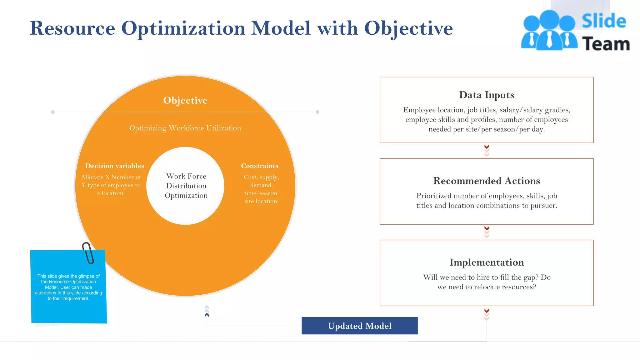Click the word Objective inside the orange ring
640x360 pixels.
pos(185,100)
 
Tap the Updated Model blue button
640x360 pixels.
pos(359,326)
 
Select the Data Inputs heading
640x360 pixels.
pos(487,95)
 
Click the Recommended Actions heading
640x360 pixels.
pos(487,181)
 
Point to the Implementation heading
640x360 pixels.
pos(487,262)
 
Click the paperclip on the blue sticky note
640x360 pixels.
pos(88,253)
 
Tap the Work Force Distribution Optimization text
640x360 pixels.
pos(186,186)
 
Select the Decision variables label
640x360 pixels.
pos(115,166)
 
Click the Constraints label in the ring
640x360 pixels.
pos(259,166)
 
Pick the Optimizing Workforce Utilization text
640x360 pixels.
pos(185,128)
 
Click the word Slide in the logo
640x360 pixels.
pos(604,21)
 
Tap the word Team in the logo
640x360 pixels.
pos(606,44)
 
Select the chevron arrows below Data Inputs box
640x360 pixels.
pos(487,151)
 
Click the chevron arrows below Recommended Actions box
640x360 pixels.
pos(487,232)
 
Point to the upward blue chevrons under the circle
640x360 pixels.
pos(207,311)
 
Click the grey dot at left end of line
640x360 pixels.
pos(53,112)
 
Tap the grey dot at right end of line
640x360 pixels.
pos(317,112)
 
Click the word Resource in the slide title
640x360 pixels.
pos(72,28)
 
